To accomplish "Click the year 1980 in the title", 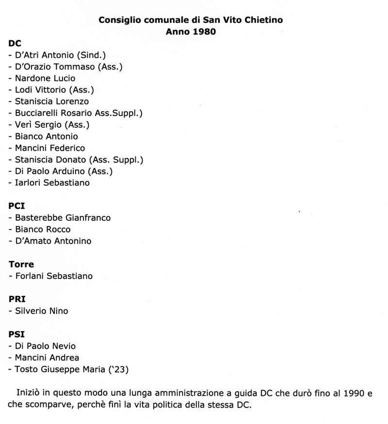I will [204, 32].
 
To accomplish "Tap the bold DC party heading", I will [15, 43].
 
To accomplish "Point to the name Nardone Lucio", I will [45, 78].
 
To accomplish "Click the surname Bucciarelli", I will [40, 113].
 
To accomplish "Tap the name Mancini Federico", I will [50, 148].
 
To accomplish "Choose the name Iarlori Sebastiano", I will [52, 183].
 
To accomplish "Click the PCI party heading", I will [17, 206].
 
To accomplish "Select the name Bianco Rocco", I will [43, 229].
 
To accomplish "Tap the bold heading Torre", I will [21, 264].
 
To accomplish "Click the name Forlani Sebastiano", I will [54, 276].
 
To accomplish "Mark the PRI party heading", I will [17, 299].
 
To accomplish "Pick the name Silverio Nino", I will [42, 311].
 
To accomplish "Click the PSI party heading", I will [16, 334].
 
